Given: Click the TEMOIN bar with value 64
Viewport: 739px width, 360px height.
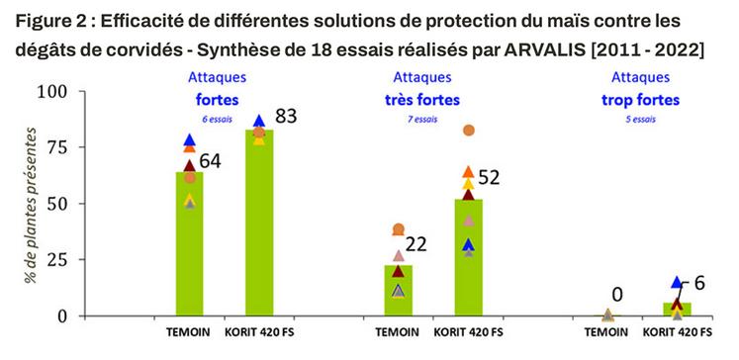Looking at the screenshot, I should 189,247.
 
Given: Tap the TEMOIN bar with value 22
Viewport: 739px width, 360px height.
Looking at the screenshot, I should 399,291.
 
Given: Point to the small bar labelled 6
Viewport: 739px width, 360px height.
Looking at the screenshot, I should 677,310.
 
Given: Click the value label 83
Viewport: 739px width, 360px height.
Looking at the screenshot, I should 287,117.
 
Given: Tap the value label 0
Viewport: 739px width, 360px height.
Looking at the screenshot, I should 615,294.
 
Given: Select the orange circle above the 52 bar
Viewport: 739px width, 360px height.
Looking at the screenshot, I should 469,131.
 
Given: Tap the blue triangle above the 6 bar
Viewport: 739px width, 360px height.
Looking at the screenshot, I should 677,282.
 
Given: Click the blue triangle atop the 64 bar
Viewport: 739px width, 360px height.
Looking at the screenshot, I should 190,140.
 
